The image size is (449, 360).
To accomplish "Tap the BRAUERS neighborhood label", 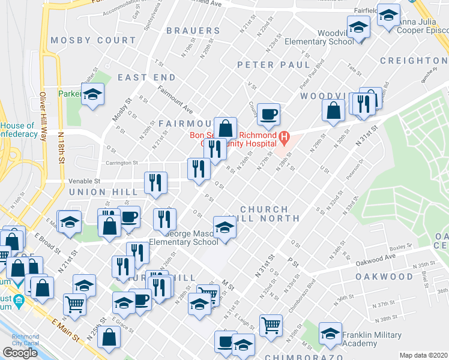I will point(193,31).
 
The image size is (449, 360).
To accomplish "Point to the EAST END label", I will point(146,77).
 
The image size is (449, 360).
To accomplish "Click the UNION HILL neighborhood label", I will point(99,192).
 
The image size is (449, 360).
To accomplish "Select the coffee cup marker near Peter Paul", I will point(268,113).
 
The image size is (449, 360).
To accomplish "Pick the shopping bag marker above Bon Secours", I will point(225,128).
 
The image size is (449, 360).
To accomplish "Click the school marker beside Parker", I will point(93,95).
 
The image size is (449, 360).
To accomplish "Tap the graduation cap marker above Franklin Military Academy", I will point(330,333).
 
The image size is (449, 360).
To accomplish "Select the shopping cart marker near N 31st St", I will point(271,325).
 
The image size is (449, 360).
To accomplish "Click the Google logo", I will point(20,352).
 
